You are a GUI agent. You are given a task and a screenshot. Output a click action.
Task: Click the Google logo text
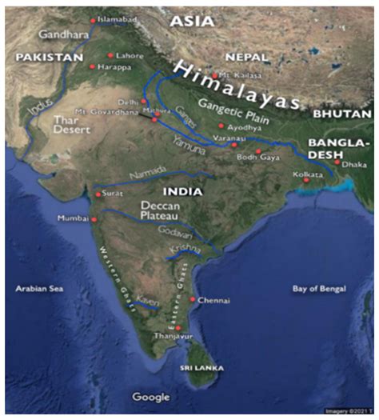[151, 397]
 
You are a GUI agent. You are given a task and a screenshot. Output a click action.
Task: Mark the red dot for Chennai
[193, 300]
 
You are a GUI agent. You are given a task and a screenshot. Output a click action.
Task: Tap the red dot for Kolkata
[305, 180]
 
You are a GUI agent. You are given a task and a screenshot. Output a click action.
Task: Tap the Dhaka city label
[355, 164]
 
